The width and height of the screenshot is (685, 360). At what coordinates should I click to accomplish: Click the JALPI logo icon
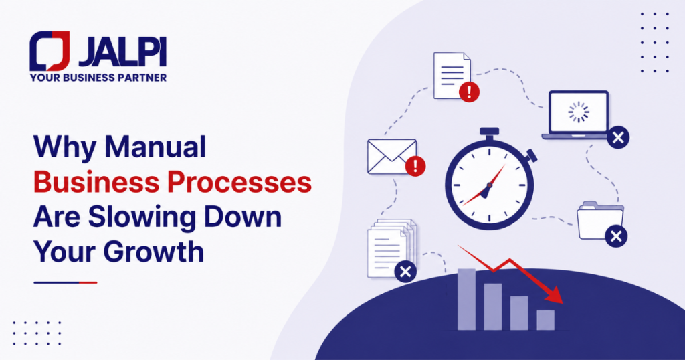(x=50, y=51)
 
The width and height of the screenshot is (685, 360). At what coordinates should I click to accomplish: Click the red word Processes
(x=240, y=182)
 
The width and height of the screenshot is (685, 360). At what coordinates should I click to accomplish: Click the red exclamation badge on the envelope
(x=415, y=166)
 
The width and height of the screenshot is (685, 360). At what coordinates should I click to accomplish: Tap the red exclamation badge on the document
(x=469, y=92)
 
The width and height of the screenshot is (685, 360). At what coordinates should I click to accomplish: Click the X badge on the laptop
(x=618, y=138)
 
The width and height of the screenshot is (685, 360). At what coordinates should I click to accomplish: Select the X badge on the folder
(x=616, y=236)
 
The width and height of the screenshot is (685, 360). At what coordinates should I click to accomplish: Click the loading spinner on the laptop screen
(x=579, y=112)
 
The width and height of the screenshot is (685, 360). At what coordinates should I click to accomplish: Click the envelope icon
(x=392, y=157)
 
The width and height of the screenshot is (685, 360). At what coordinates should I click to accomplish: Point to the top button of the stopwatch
(x=489, y=132)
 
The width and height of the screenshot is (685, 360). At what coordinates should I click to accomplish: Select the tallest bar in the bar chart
(x=466, y=299)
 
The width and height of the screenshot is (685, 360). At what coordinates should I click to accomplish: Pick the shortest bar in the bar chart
(x=546, y=320)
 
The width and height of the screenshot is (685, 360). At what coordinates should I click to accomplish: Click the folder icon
(x=600, y=220)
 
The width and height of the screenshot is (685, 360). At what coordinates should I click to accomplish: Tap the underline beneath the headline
(x=65, y=282)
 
